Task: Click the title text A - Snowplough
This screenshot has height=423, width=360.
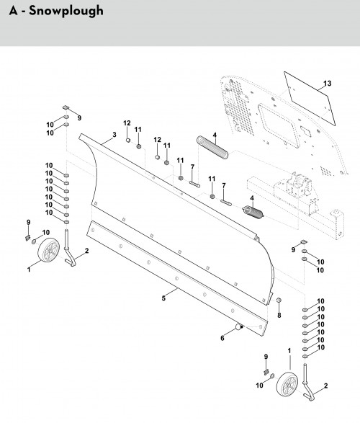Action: click(53, 11)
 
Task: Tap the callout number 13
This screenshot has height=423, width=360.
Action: click(327, 85)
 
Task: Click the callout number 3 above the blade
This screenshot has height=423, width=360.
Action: click(114, 135)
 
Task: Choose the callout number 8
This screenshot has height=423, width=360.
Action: click(279, 314)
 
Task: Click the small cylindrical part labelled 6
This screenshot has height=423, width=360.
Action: click(237, 329)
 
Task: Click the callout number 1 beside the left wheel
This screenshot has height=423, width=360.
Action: click(29, 268)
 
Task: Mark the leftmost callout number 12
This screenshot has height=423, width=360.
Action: click(126, 122)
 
